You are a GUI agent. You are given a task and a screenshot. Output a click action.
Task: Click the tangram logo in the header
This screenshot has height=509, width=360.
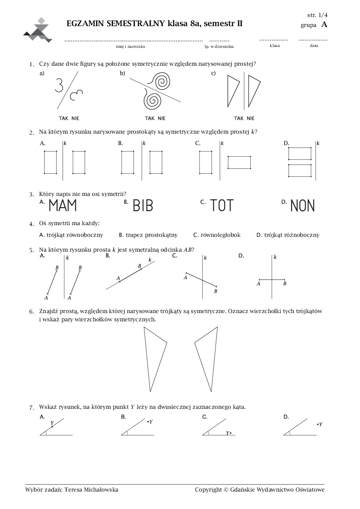click(38, 30)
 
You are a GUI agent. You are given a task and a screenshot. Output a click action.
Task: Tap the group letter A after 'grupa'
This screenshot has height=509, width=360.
click(324, 25)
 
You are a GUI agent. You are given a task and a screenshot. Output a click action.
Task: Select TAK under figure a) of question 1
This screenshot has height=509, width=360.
click(64, 118)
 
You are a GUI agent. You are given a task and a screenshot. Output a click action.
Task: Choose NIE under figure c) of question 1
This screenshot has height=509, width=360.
click(251, 118)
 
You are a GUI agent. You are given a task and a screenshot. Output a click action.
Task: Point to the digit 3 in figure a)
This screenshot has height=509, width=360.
click(59, 85)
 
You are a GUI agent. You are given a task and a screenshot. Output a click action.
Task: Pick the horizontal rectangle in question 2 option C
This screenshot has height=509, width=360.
click(239, 163)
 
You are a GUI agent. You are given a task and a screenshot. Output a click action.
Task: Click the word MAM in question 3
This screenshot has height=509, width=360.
click(63, 206)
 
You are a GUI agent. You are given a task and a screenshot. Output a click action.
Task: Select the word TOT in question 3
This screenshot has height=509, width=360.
click(222, 206)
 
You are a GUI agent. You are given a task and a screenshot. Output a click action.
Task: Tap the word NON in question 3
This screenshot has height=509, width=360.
click(303, 206)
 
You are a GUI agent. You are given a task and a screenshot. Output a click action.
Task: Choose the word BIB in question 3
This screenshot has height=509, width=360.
click(143, 206)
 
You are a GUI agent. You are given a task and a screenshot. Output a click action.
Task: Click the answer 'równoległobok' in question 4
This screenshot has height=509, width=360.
click(221, 235)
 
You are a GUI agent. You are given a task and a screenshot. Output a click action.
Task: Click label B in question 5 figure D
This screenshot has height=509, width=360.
click(285, 284)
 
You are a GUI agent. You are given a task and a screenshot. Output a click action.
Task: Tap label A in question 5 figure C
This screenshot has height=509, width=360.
click(185, 278)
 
